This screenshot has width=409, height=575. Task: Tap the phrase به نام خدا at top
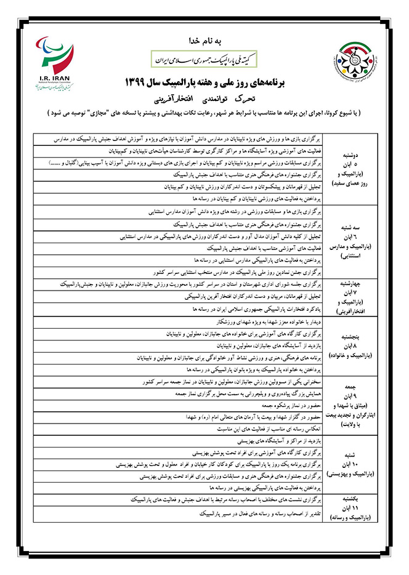204,41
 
